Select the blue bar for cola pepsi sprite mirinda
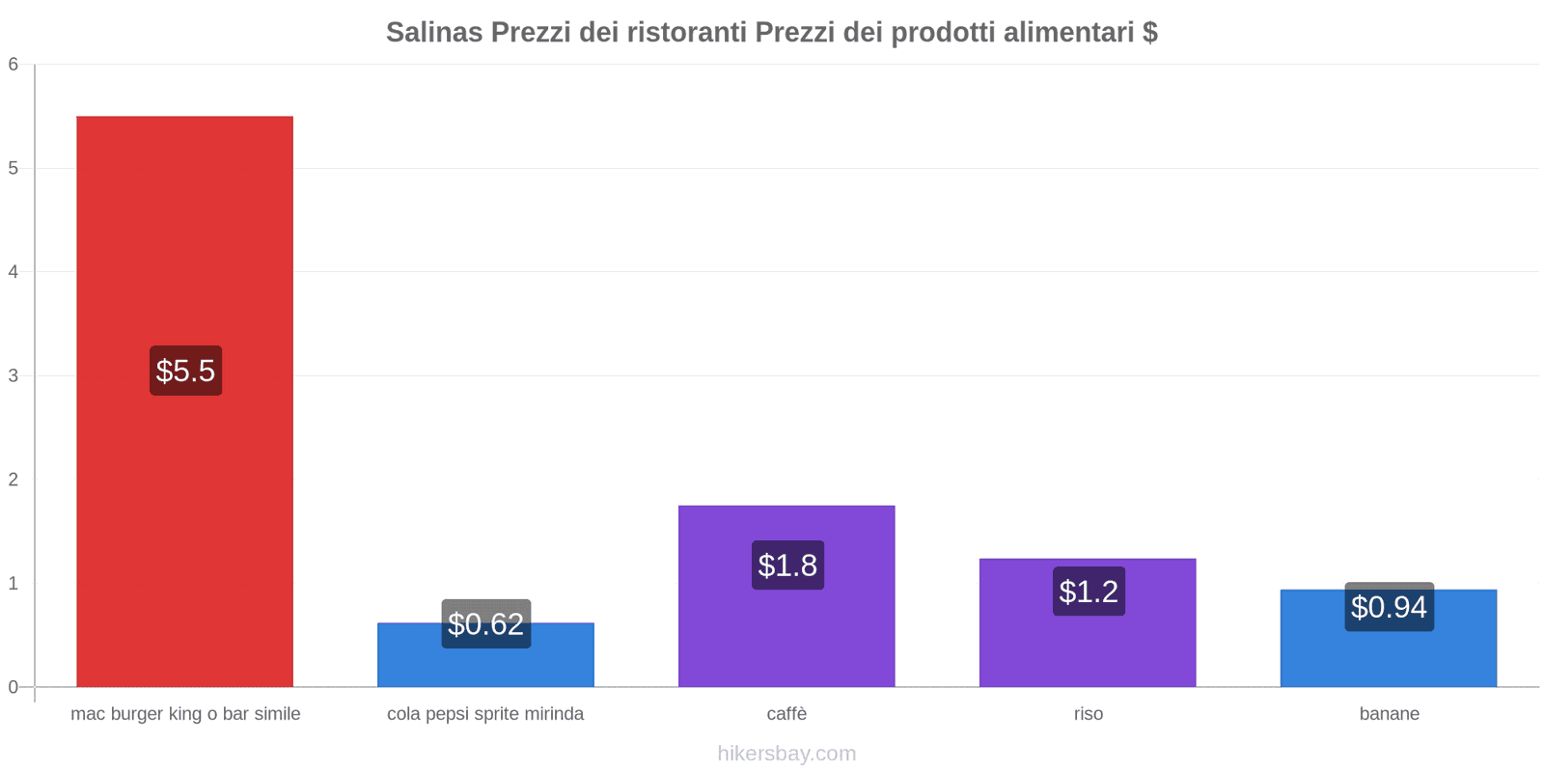(x=485, y=666)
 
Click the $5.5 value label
(x=185, y=371)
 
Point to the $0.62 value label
(x=485, y=624)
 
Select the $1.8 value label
(x=787, y=565)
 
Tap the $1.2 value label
(x=1089, y=592)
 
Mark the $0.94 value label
(x=1389, y=607)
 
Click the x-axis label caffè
(x=786, y=714)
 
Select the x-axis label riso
(x=1088, y=714)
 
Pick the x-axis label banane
(x=1389, y=714)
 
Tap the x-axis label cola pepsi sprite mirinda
(x=485, y=714)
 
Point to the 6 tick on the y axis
(x=14, y=65)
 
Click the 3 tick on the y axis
(x=14, y=375)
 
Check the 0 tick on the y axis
(x=14, y=687)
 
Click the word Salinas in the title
(x=434, y=33)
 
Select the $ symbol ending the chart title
(x=1149, y=33)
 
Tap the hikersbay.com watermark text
(x=786, y=754)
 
